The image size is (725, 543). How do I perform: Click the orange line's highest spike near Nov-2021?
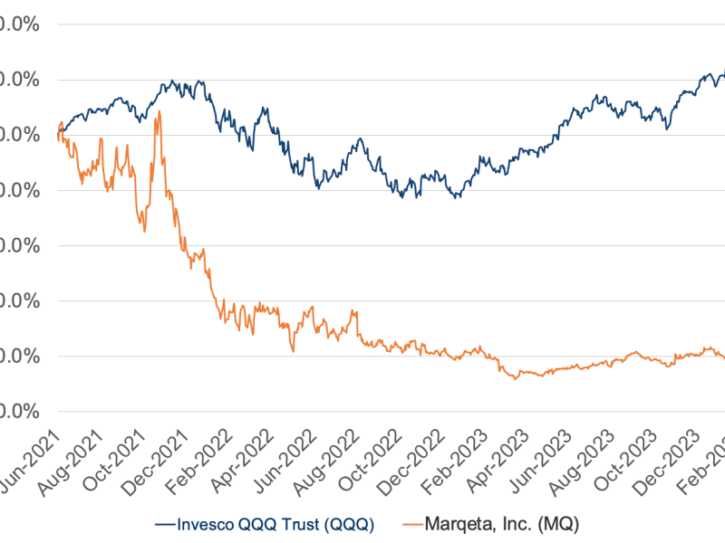click(159, 111)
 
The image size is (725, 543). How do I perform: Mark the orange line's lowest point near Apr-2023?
click(517, 377)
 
